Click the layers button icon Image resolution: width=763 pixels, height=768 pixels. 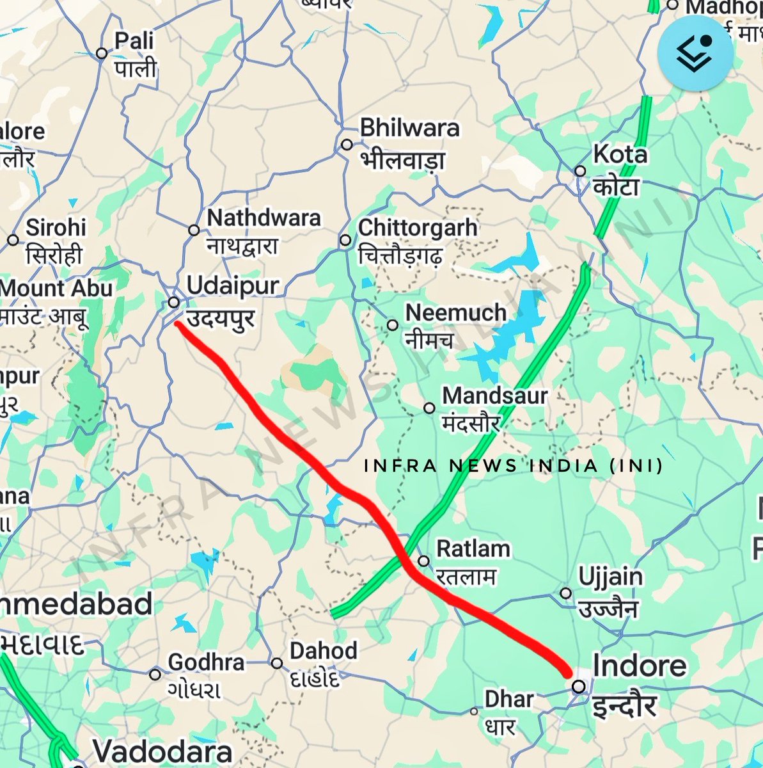pyautogui.click(x=694, y=52)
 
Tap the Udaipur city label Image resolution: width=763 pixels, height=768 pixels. pyautogui.click(x=233, y=286)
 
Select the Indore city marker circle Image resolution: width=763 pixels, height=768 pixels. pyautogui.click(x=578, y=687)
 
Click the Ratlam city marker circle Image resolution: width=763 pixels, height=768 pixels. pyautogui.click(x=423, y=561)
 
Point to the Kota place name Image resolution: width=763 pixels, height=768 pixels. pyautogui.click(x=620, y=154)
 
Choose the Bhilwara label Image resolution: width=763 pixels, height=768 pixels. pyautogui.click(x=409, y=127)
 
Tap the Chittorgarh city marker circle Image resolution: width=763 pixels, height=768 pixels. pyautogui.click(x=345, y=240)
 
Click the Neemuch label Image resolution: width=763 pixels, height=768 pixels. pyautogui.click(x=455, y=313)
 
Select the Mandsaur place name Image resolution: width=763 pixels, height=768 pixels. pyautogui.click(x=494, y=396)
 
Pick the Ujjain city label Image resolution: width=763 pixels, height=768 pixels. pyautogui.click(x=610, y=577)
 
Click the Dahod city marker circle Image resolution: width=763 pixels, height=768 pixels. pyautogui.click(x=276, y=663)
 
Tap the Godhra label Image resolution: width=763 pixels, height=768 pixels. pyautogui.click(x=206, y=662)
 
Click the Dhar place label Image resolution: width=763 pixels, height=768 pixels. pyautogui.click(x=508, y=699)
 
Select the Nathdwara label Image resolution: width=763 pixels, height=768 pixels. pyautogui.click(x=264, y=218)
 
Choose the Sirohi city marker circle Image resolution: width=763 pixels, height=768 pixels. pyautogui.click(x=13, y=240)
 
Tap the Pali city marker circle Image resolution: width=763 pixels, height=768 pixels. pyautogui.click(x=101, y=53)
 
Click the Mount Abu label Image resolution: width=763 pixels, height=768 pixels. pyautogui.click(x=56, y=288)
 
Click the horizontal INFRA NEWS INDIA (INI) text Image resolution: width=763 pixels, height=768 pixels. pyautogui.click(x=513, y=465)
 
